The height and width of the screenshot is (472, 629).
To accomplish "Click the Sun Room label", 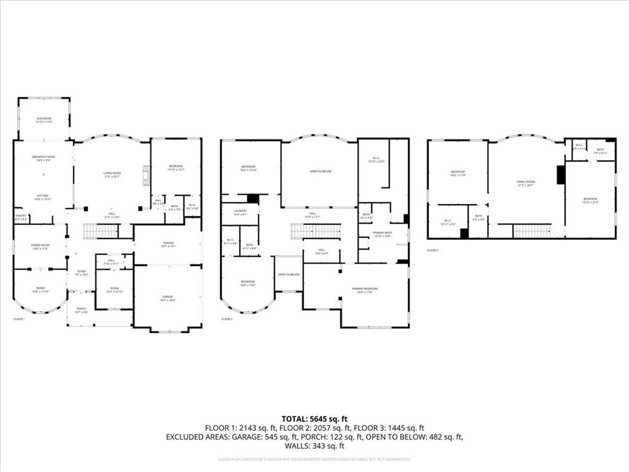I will click(x=43, y=120).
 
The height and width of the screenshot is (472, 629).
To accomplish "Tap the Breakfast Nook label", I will click(x=43, y=158).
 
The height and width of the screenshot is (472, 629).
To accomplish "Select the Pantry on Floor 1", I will click(x=20, y=217).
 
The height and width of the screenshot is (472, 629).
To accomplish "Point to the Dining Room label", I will click(x=40, y=246).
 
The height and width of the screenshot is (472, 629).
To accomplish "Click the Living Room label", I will click(x=112, y=175).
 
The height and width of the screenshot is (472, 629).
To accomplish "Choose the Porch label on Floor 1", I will click(x=81, y=310).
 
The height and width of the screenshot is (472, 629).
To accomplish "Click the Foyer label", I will click(x=81, y=272).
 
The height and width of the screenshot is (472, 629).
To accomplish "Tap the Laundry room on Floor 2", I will click(x=240, y=212).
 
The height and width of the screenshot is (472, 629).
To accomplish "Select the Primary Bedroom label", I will click(x=365, y=290).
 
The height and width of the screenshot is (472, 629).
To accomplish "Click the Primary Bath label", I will click(x=383, y=234).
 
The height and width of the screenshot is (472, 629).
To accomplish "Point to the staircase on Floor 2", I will click(x=315, y=231).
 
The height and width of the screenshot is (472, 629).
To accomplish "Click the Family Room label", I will click(x=526, y=183).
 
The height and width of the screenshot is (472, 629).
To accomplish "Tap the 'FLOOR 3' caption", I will click(x=434, y=250).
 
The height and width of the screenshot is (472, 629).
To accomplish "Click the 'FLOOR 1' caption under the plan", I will click(x=19, y=319).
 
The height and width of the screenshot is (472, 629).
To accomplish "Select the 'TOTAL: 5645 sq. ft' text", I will click(x=314, y=419).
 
